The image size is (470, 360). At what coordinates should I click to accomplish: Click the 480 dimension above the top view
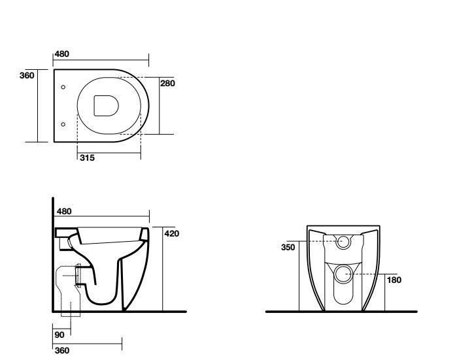pyautogui.click(x=61, y=54)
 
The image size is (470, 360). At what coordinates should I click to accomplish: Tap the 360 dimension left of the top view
pyautogui.click(x=27, y=76)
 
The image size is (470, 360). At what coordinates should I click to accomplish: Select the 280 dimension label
pyautogui.click(x=167, y=83)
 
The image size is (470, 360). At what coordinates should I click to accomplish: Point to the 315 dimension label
pyautogui.click(x=87, y=157)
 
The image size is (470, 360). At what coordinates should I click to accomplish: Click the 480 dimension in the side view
pyautogui.click(x=64, y=212)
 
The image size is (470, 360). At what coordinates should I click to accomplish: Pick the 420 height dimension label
pyautogui.click(x=172, y=234)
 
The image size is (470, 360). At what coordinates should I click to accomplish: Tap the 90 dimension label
pyautogui.click(x=59, y=335)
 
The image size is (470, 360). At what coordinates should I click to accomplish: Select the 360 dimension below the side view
pyautogui.click(x=62, y=350)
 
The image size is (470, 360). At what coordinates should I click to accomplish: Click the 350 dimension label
pyautogui.click(x=288, y=248)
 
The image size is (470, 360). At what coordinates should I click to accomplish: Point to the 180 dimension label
pyautogui.click(x=394, y=280)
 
